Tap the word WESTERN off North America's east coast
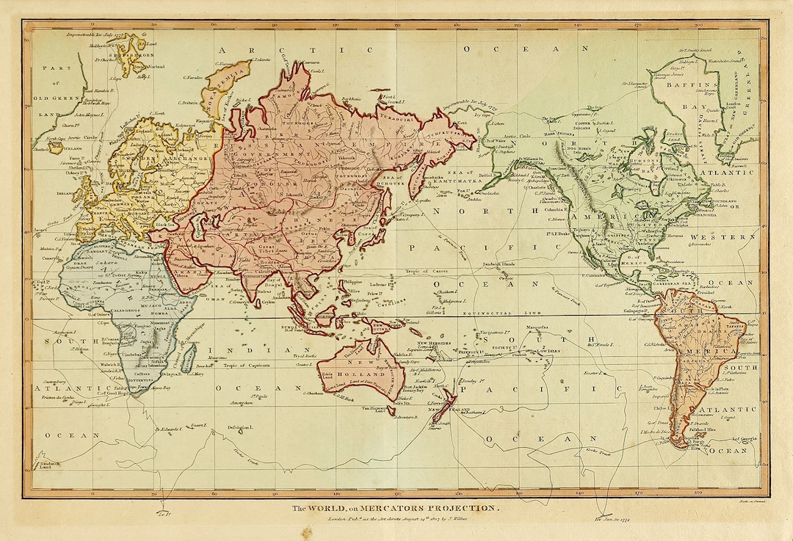[x=732, y=237]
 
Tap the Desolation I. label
[x=239, y=427]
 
